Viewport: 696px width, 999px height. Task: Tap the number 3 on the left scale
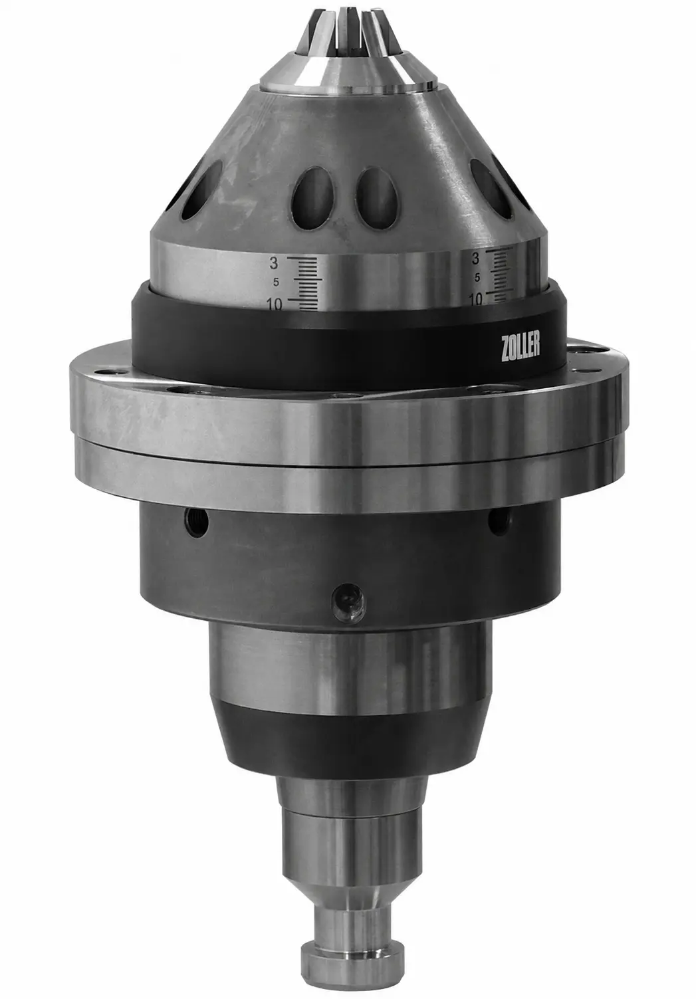273,263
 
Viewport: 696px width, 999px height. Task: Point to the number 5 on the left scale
276,282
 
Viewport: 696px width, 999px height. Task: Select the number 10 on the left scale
275,304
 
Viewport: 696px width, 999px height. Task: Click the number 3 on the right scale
475,258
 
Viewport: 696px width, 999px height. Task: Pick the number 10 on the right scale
475,299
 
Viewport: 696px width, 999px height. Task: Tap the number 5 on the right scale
477,277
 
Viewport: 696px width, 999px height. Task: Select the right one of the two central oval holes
377,198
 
